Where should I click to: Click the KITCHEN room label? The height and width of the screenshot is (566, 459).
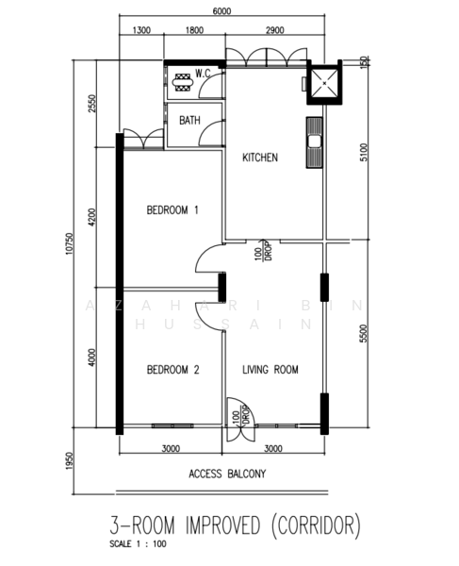pyautogui.click(x=260, y=158)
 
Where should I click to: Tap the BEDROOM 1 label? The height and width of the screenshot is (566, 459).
pyautogui.click(x=172, y=209)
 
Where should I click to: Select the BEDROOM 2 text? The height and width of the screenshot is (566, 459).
pyautogui.click(x=172, y=371)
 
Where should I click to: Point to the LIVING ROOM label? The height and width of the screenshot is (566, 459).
pyautogui.click(x=270, y=371)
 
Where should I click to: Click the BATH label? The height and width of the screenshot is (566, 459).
pyautogui.click(x=189, y=121)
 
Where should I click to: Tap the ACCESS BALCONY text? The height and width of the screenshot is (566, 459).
pyautogui.click(x=226, y=474)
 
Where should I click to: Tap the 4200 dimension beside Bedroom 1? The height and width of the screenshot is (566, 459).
pyautogui.click(x=92, y=218)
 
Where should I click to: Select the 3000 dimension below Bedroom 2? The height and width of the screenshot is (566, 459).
pyautogui.click(x=171, y=449)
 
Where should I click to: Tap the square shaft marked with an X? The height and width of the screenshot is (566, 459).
pyautogui.click(x=326, y=82)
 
